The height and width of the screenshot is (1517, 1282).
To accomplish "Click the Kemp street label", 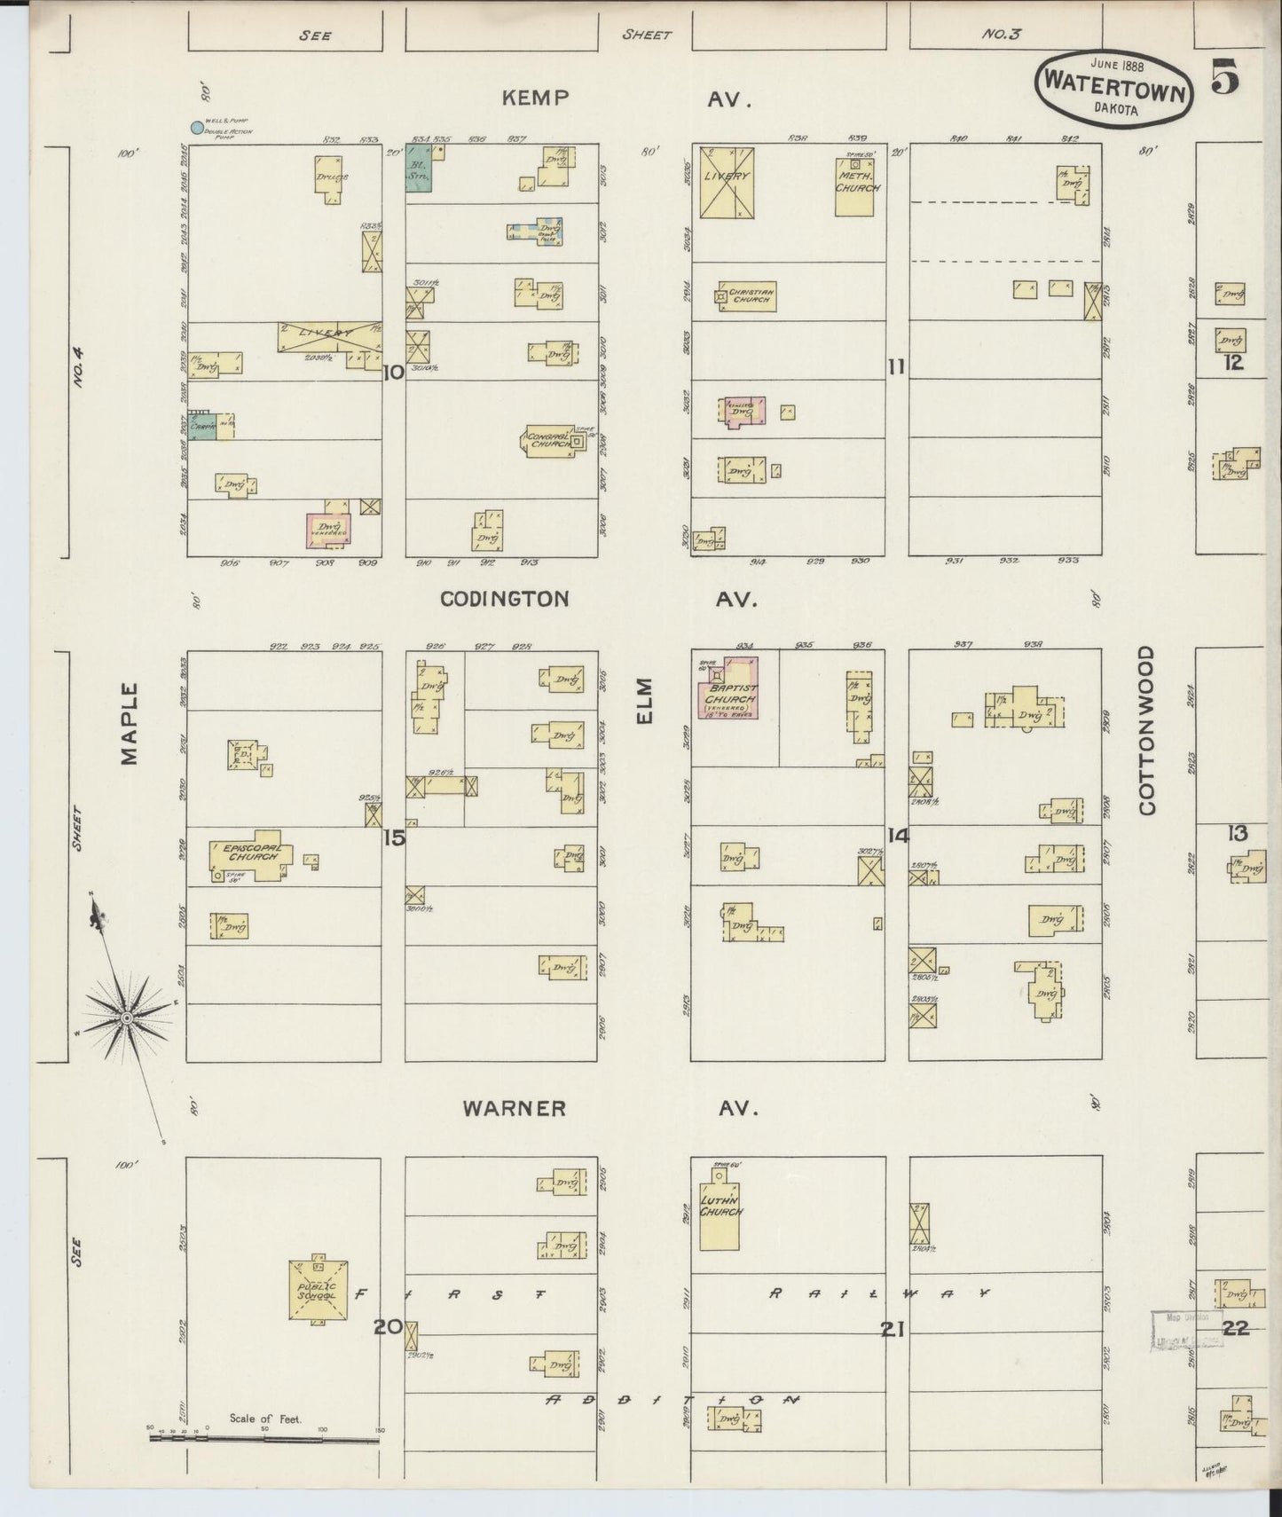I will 535,98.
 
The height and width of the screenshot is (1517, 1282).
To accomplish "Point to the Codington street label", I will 505,599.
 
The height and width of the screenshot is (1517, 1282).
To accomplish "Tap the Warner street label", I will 514,1108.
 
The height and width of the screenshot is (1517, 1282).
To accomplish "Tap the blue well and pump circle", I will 195,127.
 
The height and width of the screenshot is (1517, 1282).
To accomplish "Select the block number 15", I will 394,837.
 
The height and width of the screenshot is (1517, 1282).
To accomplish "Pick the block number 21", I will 893,1329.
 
